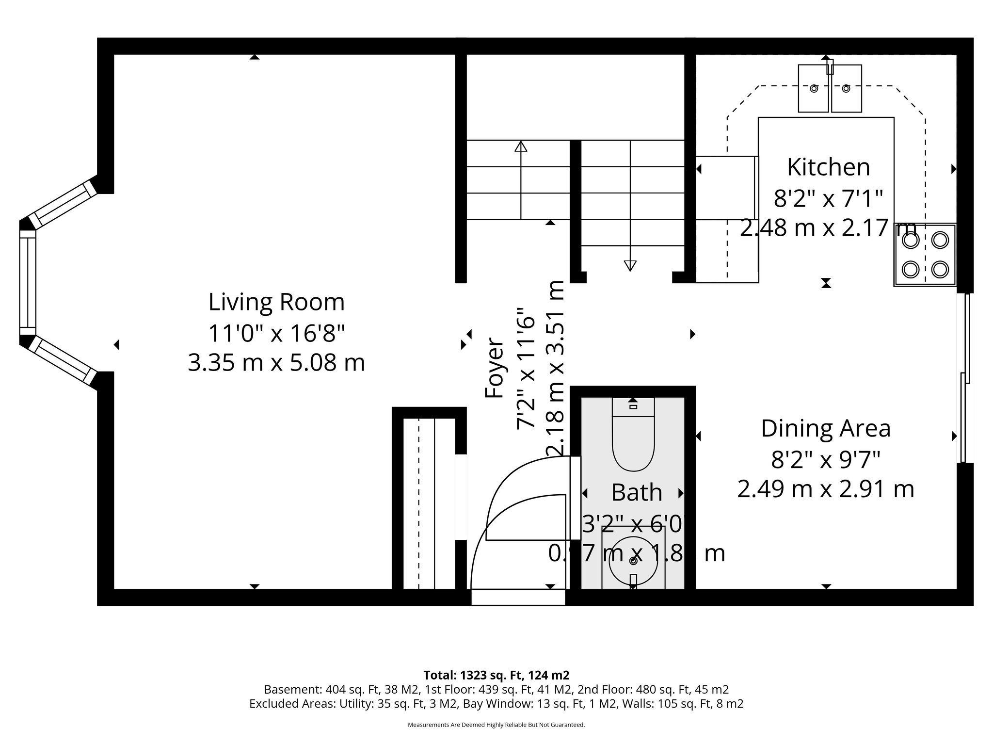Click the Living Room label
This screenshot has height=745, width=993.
click(x=276, y=302)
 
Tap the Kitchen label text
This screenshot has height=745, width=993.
click(x=828, y=167)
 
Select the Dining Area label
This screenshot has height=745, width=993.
click(x=826, y=429)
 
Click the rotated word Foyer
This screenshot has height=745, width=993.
click(x=495, y=368)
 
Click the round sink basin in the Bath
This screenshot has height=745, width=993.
click(x=633, y=561)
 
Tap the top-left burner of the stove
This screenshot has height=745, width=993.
click(x=911, y=240)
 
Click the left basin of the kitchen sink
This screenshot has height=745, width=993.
click(x=814, y=89)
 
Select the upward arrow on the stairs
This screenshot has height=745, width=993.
click(x=521, y=146)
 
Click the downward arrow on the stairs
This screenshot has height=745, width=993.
click(x=630, y=265)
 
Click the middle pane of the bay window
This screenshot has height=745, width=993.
click(x=28, y=282)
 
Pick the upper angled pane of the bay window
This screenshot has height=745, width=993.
click(x=63, y=203)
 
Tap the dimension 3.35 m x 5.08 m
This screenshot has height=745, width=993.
click(x=276, y=363)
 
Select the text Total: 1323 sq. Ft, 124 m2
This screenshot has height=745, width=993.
click(x=496, y=675)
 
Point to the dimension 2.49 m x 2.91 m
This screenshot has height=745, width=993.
click(x=826, y=489)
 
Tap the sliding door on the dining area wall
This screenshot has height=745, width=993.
click(x=964, y=378)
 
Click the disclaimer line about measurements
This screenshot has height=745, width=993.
click(x=496, y=725)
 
